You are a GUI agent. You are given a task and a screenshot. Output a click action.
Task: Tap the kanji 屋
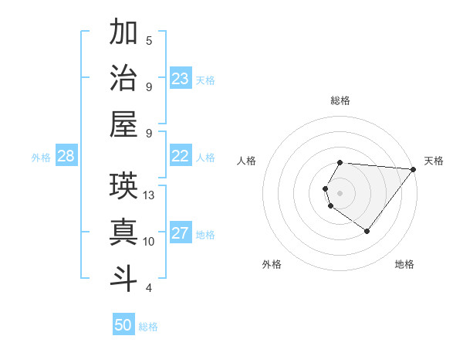tap(123, 124)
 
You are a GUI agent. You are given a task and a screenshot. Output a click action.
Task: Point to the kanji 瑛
tap(123, 185)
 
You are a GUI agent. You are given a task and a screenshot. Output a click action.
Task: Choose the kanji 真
tap(123, 232)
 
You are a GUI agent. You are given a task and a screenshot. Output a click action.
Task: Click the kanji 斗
tap(123, 277)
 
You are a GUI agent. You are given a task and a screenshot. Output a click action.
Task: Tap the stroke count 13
tap(150, 195)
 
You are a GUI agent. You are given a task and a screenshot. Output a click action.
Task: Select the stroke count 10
tap(150, 242)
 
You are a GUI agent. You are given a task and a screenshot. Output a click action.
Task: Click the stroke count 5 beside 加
tap(149, 41)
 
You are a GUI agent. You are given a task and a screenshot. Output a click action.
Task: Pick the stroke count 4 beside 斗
tap(149, 288)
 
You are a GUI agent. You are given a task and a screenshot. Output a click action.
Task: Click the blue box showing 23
tap(181, 78)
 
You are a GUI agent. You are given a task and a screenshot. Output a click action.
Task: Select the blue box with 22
tap(181, 156)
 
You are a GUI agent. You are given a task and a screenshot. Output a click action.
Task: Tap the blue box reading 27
tap(181, 233)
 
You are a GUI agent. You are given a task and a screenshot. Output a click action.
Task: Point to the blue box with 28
tap(66, 156)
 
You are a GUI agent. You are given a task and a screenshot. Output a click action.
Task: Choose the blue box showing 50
tap(123, 325)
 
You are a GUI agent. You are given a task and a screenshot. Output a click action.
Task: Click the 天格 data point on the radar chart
tap(414, 170)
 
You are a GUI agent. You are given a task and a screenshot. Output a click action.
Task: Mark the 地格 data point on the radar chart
tap(367, 231)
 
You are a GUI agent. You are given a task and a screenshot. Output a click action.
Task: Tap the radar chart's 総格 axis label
tap(340, 100)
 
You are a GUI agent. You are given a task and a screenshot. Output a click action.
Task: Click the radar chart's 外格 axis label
tap(272, 264)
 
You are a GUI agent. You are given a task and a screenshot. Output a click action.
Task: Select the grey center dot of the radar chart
tap(340, 192)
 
